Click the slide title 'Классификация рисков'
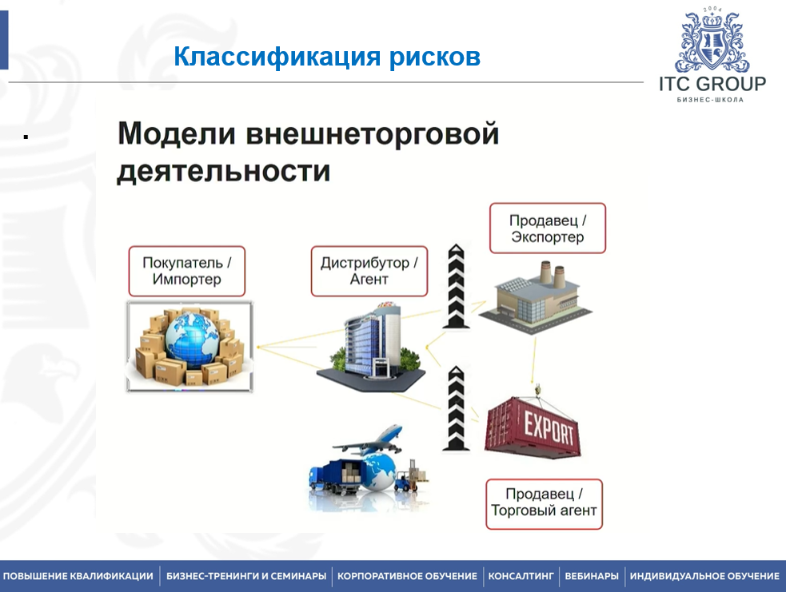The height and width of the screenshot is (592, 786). tap(327, 56)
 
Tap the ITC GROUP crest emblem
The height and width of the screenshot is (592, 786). tap(712, 43)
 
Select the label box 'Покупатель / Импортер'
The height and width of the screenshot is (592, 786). tap(187, 271)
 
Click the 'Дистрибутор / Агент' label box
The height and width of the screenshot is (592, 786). tap(369, 271)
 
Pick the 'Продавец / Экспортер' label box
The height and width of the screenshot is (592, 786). tap(548, 228)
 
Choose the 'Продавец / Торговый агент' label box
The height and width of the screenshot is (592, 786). tap(544, 504)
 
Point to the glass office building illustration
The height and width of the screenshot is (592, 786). tap(371, 346)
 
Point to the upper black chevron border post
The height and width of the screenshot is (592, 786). tap(456, 286)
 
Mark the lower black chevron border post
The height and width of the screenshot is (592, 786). tap(456, 408)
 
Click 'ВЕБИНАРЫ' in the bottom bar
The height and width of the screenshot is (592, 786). tap(592, 576)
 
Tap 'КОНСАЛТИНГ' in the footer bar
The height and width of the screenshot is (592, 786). tap(521, 576)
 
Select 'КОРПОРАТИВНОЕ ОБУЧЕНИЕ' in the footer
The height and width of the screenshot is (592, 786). tap(407, 576)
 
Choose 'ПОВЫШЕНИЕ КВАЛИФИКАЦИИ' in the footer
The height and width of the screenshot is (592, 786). tap(78, 576)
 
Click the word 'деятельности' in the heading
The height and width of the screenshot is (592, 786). tap(224, 171)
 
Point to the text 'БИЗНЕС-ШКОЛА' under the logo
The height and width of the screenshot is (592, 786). tap(710, 100)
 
